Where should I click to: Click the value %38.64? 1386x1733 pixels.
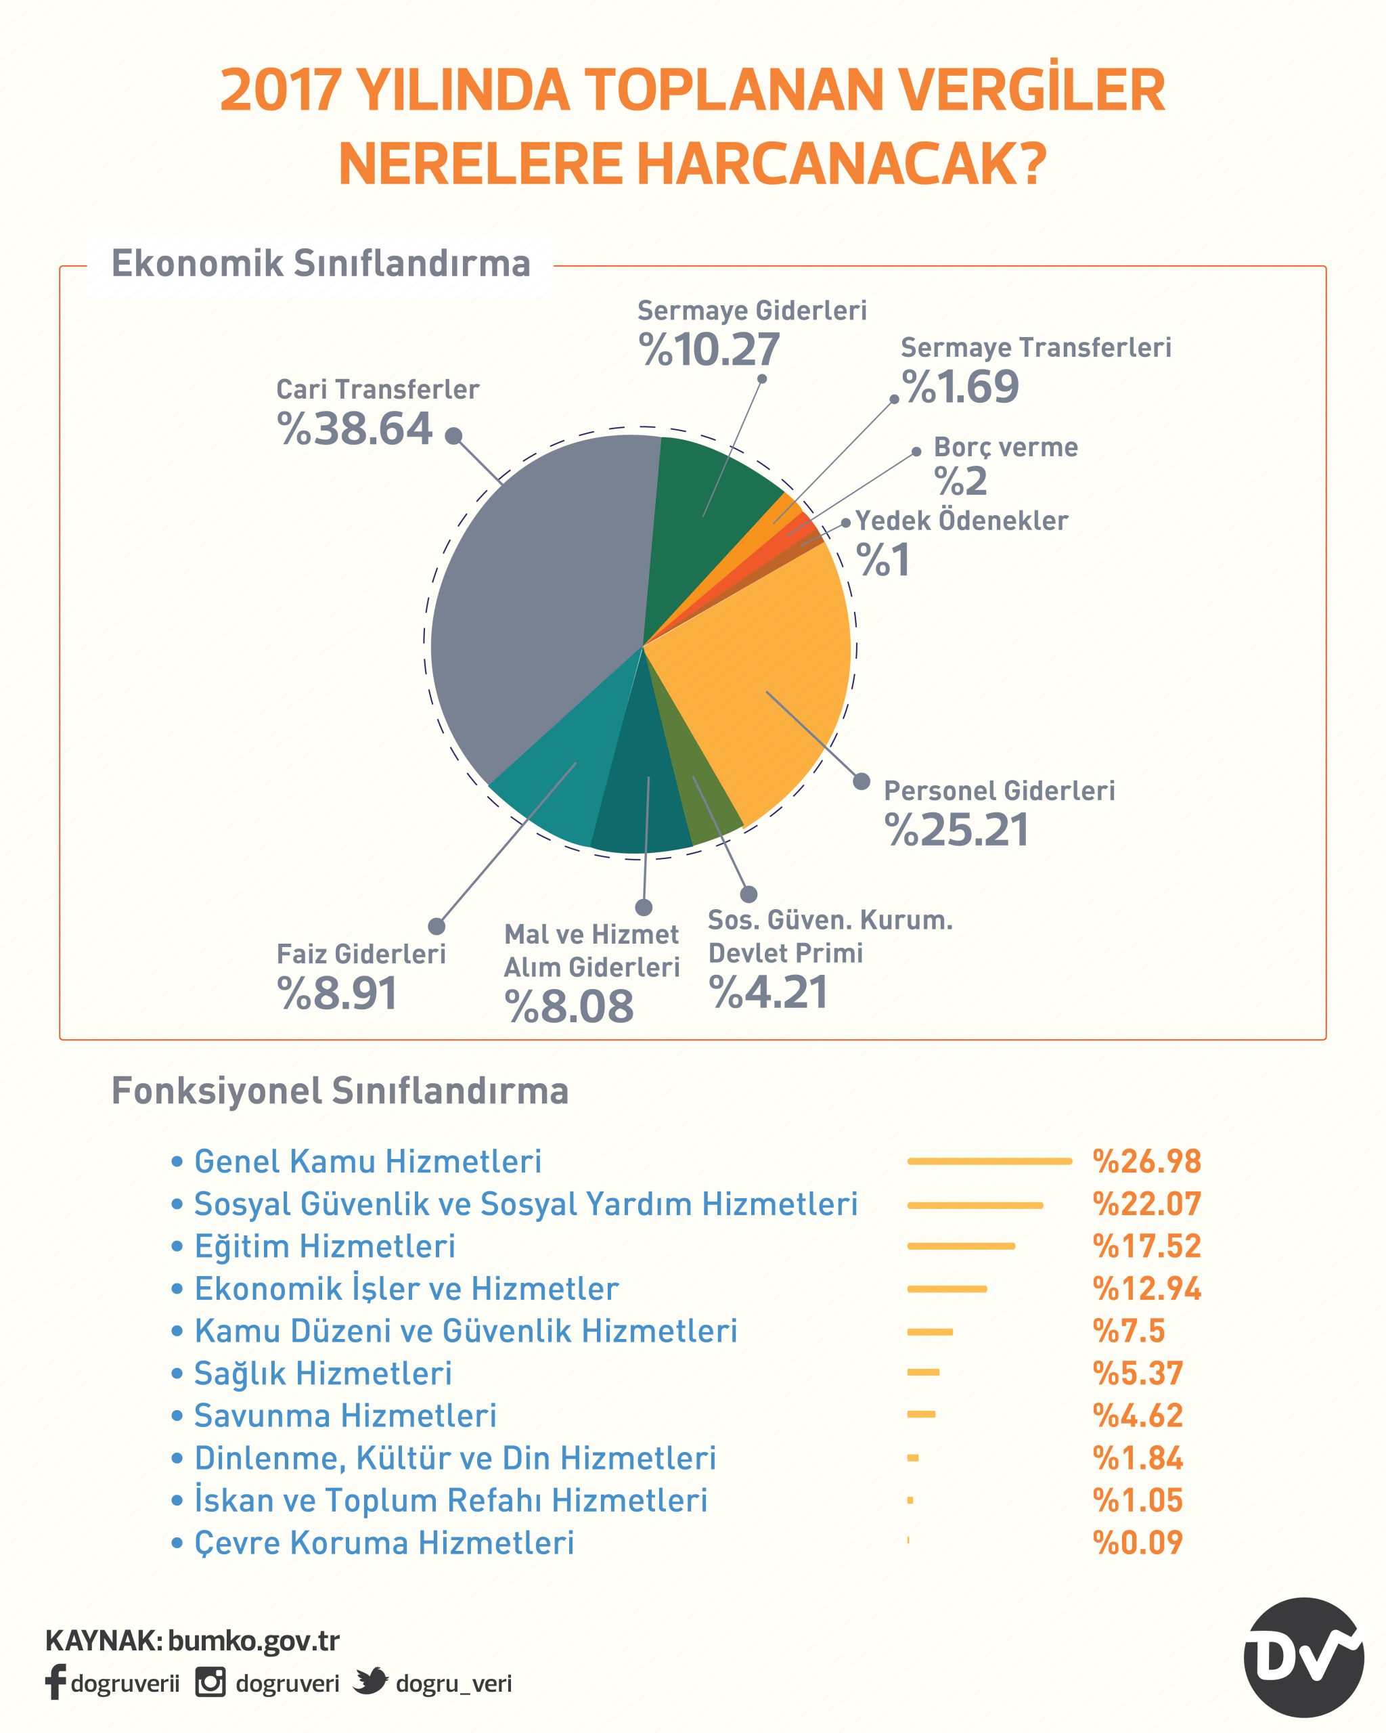[x=355, y=429]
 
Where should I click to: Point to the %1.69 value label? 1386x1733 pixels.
[x=960, y=387]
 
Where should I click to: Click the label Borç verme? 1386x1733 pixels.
[x=1005, y=447]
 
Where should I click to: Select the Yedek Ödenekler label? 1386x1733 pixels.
[x=962, y=520]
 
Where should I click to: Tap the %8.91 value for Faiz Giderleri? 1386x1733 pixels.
[x=338, y=994]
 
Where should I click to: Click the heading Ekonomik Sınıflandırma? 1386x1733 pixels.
[x=321, y=263]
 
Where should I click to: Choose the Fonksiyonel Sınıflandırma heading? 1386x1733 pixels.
[x=340, y=1091]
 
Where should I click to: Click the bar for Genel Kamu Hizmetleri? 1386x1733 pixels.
[x=990, y=1161]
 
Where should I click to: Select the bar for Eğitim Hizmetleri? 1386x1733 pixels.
[x=961, y=1246]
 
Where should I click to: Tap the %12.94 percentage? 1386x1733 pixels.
[x=1146, y=1288]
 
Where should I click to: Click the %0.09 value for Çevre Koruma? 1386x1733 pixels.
[x=1138, y=1543]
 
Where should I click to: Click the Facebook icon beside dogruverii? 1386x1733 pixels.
[x=55, y=1682]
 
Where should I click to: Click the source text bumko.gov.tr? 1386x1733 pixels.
[x=254, y=1640]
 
